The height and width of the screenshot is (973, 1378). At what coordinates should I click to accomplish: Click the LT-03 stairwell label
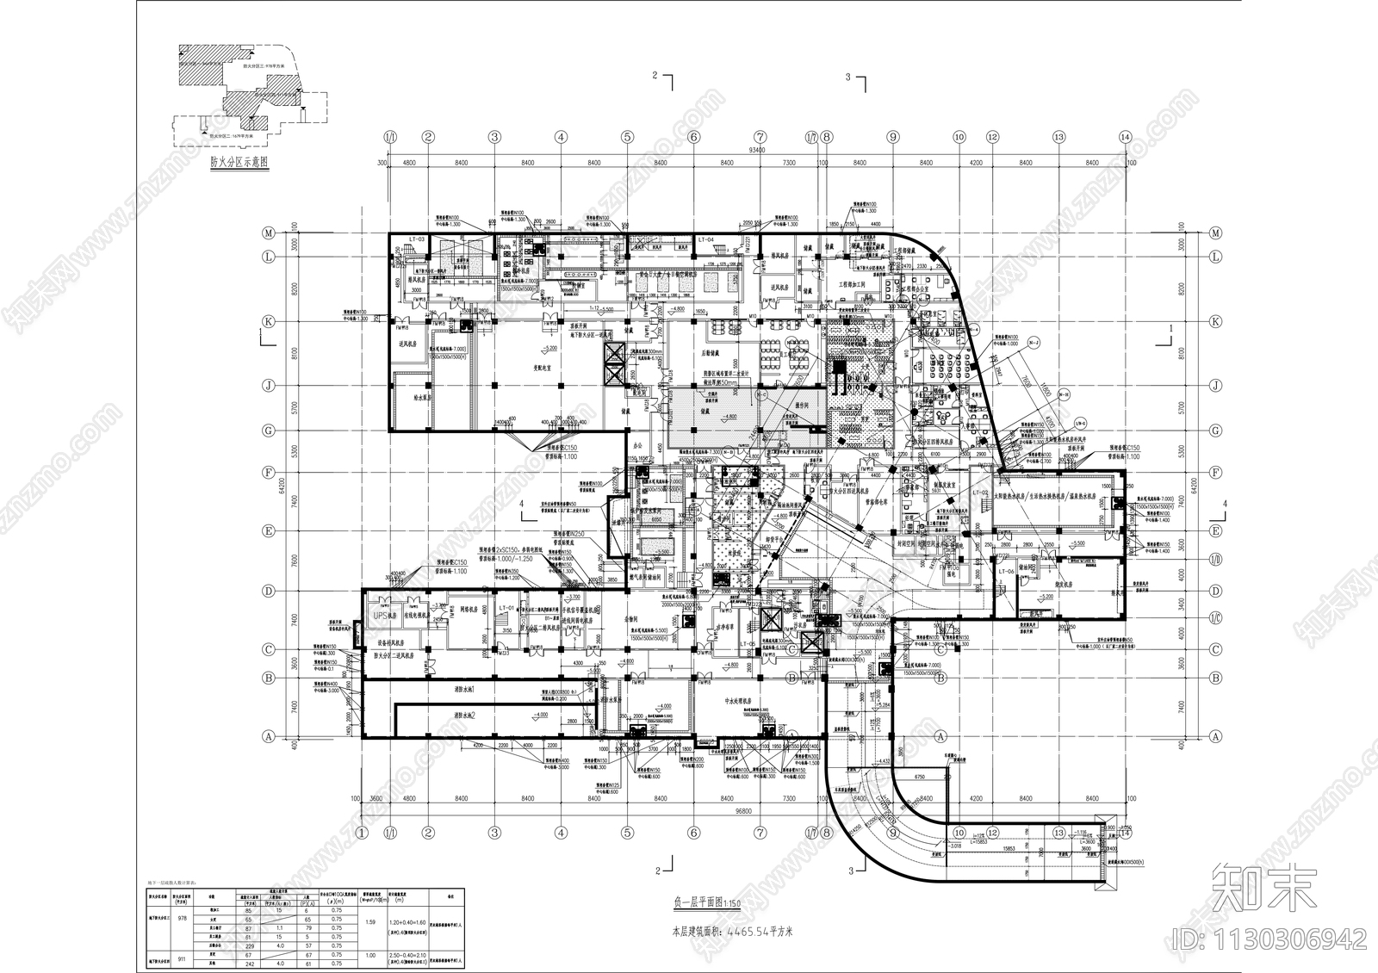[x=417, y=239]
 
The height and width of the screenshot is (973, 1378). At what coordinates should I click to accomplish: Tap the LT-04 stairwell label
[x=707, y=239]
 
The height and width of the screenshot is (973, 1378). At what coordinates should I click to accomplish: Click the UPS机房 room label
[x=383, y=616]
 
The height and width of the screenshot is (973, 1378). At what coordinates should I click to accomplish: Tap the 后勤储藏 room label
[x=711, y=354]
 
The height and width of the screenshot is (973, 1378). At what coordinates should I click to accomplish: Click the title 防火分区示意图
[x=239, y=162]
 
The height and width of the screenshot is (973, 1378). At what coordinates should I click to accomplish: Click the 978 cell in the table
[x=182, y=918]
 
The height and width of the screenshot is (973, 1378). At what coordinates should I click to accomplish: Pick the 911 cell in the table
[x=182, y=958]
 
